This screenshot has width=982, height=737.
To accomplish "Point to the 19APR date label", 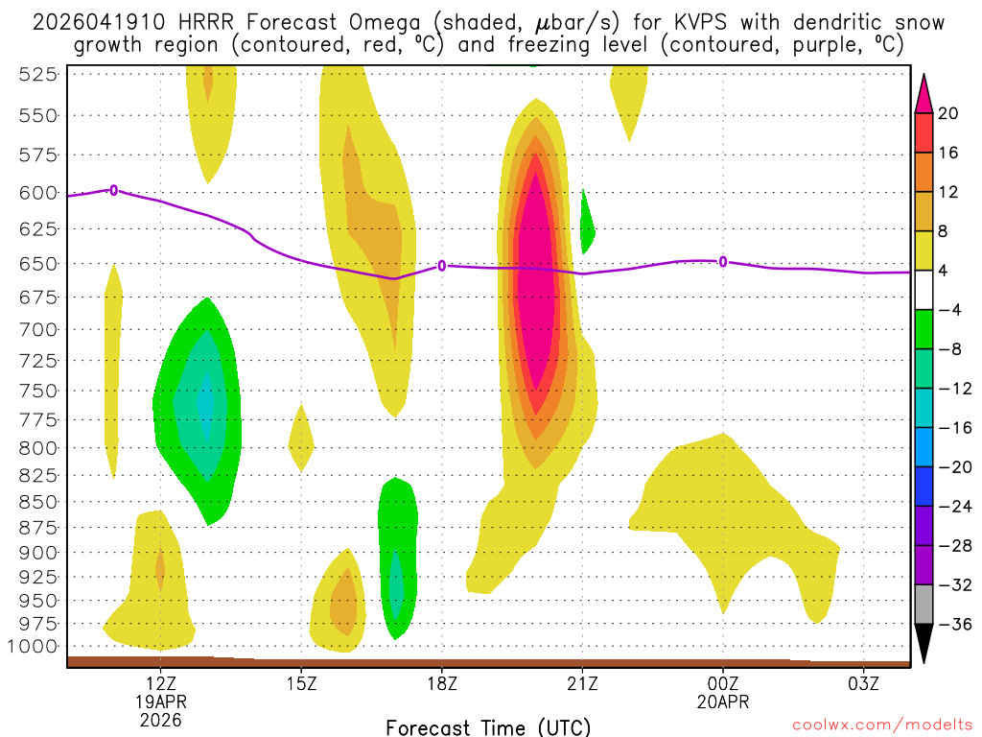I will (x=160, y=701).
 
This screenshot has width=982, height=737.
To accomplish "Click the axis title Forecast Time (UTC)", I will (x=488, y=726).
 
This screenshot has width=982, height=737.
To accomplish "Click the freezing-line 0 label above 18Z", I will (x=442, y=266).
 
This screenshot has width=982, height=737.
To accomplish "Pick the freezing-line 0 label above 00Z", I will (x=723, y=261).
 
